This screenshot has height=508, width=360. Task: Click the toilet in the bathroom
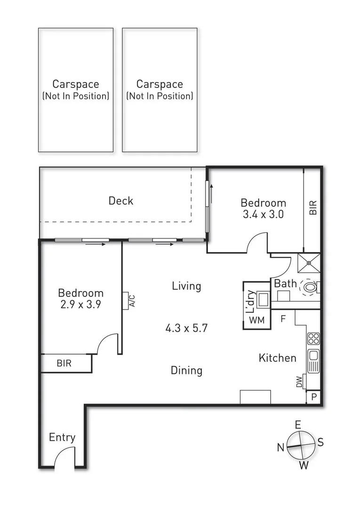311,286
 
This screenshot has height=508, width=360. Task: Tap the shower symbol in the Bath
309,262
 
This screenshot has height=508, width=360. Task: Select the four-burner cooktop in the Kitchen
313,338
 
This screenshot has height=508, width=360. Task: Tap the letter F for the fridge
283,318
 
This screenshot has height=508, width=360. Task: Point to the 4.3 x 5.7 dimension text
186,328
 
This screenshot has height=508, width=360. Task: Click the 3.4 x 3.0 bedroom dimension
264,214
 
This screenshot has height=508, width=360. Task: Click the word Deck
121,201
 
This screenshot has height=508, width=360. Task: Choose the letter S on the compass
320,442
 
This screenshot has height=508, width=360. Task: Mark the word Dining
186,371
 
